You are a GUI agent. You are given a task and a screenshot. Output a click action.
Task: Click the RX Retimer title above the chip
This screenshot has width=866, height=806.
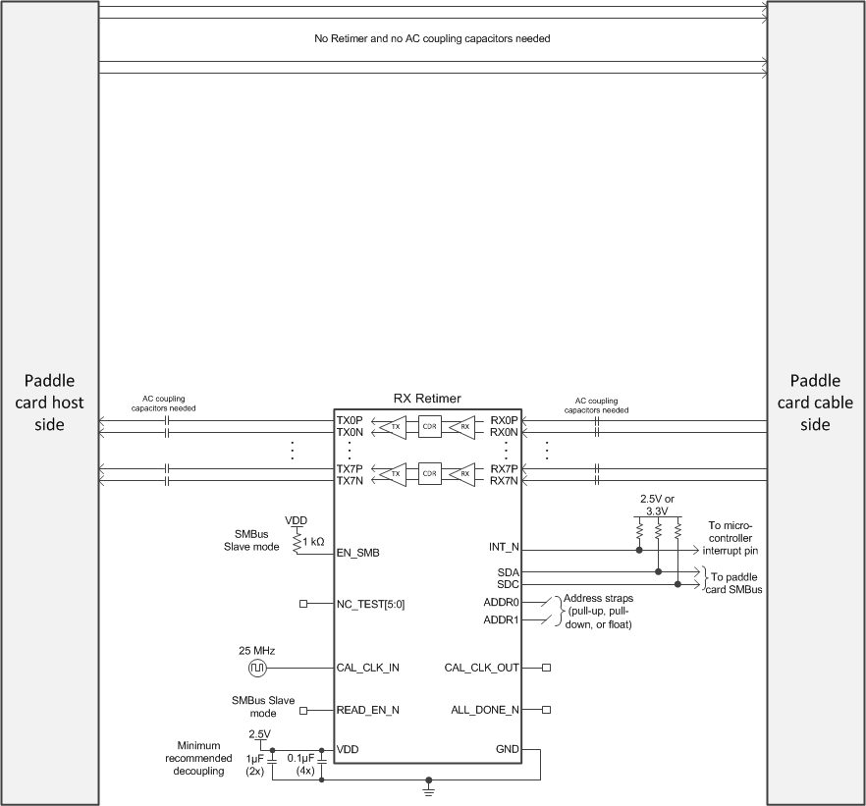[427, 399]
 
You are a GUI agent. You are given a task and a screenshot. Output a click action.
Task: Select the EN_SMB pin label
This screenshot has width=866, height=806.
[358, 553]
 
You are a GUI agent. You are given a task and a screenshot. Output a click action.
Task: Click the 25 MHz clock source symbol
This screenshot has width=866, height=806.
[256, 668]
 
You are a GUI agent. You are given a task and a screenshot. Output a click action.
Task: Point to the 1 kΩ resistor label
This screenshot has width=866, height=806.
[313, 541]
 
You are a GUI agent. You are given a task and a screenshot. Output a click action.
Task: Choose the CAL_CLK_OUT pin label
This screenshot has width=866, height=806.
[481, 668]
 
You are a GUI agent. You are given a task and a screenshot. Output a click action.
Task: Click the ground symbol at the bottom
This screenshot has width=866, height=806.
[428, 786]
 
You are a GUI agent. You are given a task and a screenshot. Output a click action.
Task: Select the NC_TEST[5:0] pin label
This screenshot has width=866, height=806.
[370, 604]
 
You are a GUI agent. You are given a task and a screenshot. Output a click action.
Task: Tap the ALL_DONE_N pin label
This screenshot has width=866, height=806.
[484, 709]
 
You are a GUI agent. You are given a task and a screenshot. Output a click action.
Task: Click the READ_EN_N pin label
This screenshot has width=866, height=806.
[368, 709]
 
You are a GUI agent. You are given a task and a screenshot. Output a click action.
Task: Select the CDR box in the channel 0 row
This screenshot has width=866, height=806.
[428, 426]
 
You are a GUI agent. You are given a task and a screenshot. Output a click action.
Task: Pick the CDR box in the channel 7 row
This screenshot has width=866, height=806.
[428, 474]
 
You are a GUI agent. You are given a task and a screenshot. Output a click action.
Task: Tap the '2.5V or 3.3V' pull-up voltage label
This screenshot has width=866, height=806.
[655, 505]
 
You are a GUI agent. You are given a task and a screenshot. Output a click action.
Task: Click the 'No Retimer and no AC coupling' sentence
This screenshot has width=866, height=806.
[432, 39]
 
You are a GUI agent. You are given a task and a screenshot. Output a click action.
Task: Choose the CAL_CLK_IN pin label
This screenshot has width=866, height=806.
[366, 668]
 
